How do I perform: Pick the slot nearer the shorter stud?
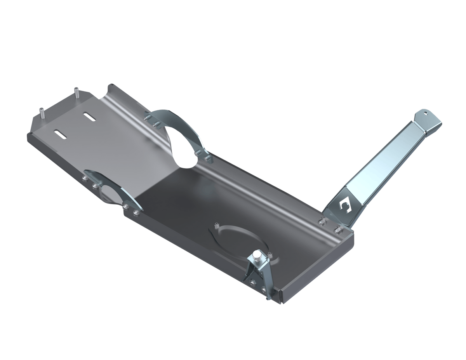tap(61, 133)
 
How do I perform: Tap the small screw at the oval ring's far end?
tap(216, 225)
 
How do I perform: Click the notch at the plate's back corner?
tap(111, 84)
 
